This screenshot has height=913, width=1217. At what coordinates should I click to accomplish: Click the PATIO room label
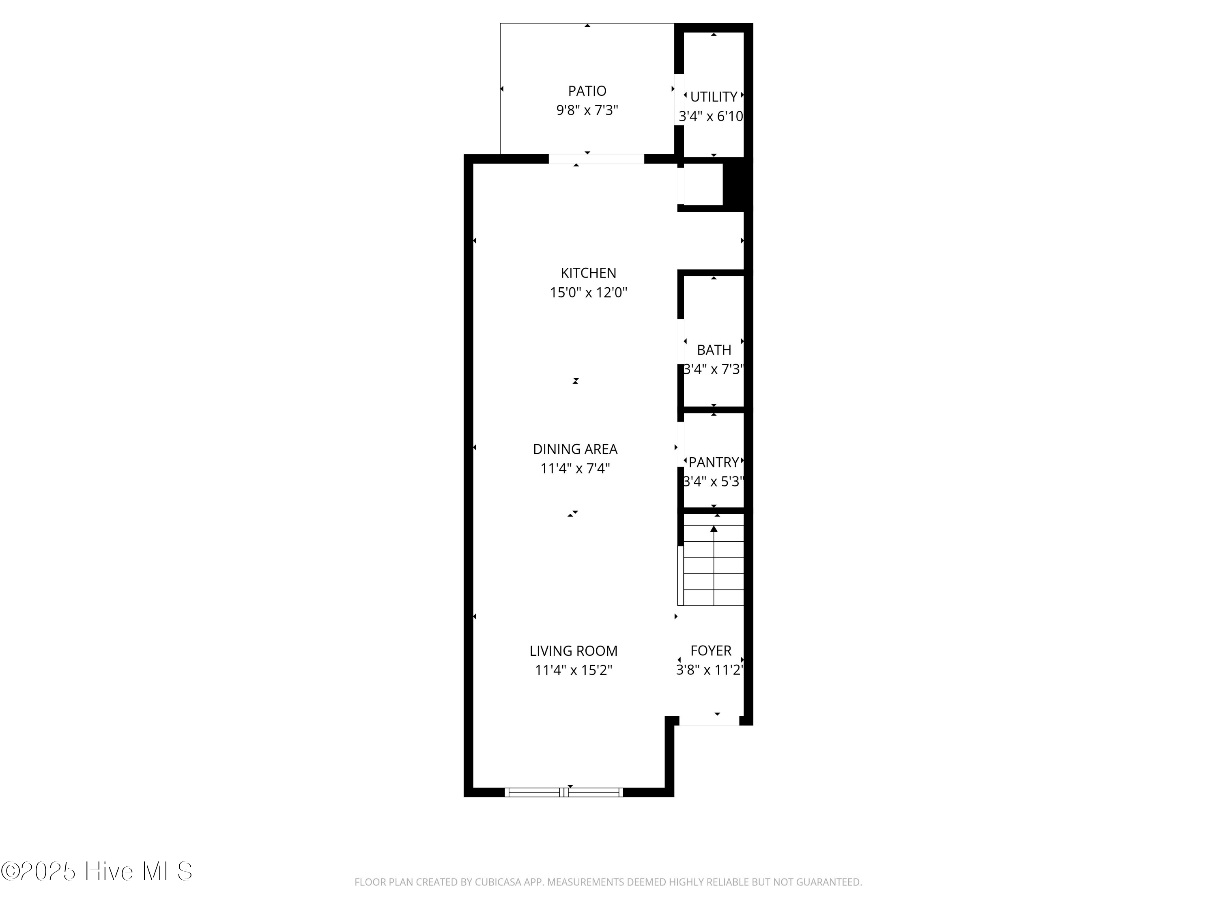click(x=587, y=91)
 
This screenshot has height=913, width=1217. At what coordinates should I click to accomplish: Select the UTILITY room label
click(x=714, y=97)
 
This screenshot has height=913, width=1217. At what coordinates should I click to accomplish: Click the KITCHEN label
click(x=588, y=273)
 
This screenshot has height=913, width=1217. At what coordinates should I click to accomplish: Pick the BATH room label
click(x=714, y=350)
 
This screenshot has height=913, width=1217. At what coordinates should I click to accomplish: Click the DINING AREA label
click(x=575, y=449)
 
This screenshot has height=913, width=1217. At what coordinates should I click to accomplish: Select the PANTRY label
click(x=714, y=462)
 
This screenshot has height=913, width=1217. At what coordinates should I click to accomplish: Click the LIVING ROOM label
click(x=573, y=651)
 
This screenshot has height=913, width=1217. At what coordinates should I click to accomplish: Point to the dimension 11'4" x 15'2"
click(x=573, y=670)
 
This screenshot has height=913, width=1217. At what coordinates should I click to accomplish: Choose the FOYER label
click(x=711, y=650)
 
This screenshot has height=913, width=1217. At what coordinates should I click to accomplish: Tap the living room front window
click(x=564, y=792)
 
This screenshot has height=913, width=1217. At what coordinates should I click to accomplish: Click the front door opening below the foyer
click(x=709, y=720)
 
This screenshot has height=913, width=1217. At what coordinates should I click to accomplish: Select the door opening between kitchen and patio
click(x=596, y=159)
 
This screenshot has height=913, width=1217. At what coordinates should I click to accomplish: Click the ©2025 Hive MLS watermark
click(x=97, y=871)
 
